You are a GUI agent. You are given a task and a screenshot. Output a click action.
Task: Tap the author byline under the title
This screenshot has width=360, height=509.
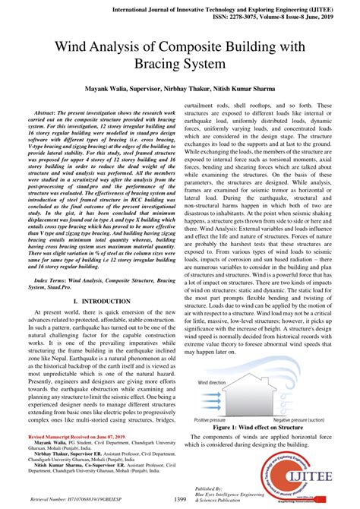point(179,89)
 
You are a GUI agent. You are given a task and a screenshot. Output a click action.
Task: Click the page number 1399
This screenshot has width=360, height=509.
point(180,498)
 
